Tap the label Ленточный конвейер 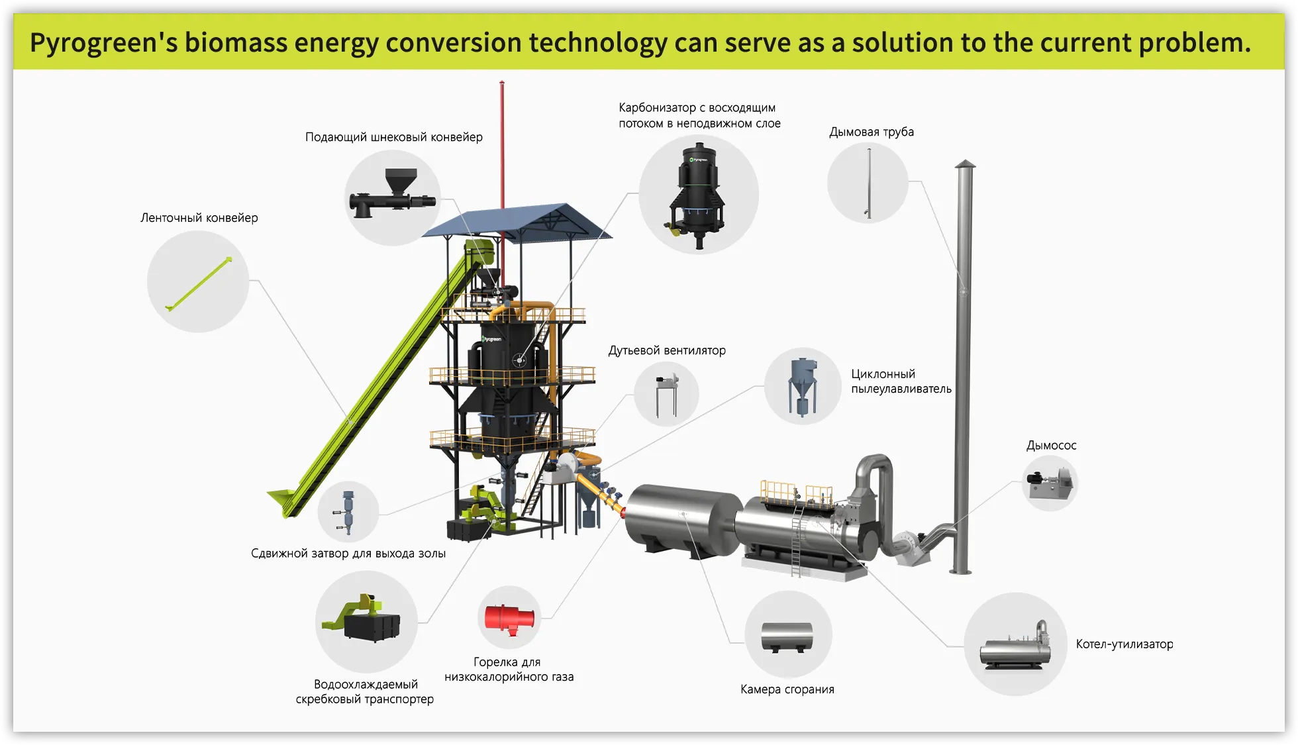tap(199, 218)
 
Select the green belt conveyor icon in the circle tap(198, 283)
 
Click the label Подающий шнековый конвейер tap(393, 137)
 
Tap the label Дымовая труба tap(871, 132)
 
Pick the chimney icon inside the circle tap(868, 183)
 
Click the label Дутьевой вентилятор tap(667, 350)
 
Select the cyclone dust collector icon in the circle tap(802, 386)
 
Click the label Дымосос tap(1051, 446)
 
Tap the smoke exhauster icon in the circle tap(1049, 482)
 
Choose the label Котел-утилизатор tap(1124, 644)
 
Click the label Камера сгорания tap(787, 689)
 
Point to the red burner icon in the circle tap(509, 617)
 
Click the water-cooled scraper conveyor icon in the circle tap(366, 619)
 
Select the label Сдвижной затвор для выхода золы tap(348, 554)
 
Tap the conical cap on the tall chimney tap(965, 164)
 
